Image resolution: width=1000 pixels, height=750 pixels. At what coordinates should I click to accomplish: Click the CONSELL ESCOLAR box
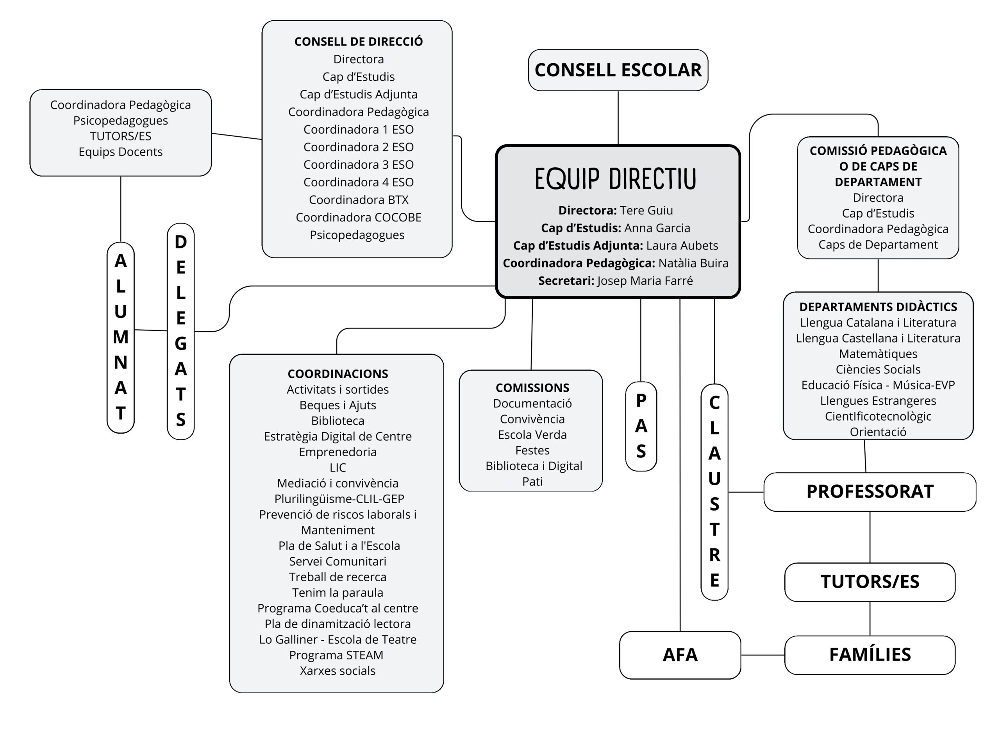(x=618, y=70)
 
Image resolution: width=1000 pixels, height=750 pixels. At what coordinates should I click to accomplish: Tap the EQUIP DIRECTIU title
(x=615, y=179)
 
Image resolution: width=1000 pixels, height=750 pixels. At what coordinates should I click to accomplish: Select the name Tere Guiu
(x=646, y=210)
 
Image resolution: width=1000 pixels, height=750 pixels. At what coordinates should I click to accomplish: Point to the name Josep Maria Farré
(x=645, y=281)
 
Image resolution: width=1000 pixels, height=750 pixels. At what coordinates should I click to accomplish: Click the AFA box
(x=680, y=655)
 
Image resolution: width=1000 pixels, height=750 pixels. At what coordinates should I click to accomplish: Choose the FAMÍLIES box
(x=870, y=655)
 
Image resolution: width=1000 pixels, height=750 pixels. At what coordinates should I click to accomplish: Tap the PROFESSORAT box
(x=870, y=491)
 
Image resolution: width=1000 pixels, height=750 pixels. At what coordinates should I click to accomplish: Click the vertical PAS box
(x=641, y=426)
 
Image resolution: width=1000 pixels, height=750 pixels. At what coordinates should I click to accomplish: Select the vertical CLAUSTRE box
(x=714, y=491)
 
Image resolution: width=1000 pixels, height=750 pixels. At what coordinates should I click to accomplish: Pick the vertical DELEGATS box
(x=181, y=331)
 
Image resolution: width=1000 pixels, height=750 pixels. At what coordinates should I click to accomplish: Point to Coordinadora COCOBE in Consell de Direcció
(x=358, y=218)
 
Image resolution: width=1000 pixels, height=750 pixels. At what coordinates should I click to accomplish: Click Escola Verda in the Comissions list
(x=532, y=435)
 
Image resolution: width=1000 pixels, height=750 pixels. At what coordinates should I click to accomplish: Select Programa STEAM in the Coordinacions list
(x=336, y=655)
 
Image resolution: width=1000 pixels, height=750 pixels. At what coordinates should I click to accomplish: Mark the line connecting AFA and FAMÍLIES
(x=762, y=655)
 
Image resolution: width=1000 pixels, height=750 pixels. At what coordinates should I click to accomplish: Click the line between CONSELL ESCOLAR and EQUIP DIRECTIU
(x=618, y=118)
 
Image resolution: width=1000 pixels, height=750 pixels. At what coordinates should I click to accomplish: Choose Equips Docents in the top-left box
(x=121, y=152)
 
